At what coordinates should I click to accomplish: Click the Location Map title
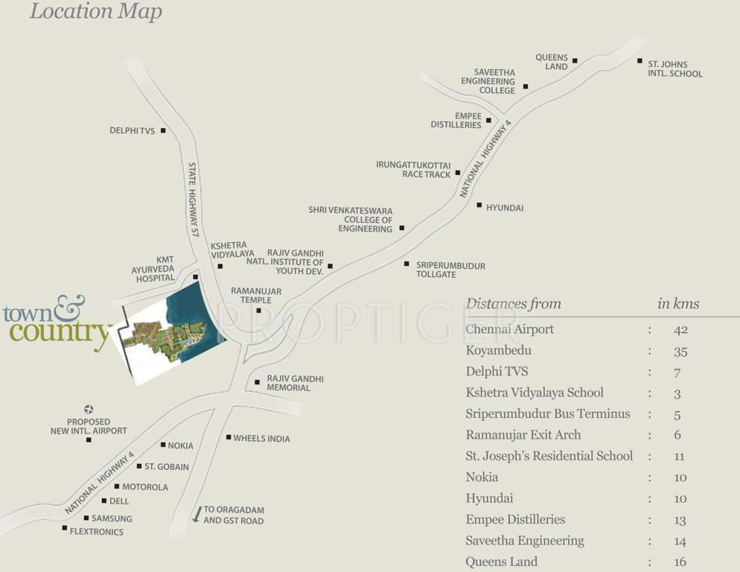[x=95, y=12]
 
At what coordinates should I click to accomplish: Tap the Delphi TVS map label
[x=132, y=131]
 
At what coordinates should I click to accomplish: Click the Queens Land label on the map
[x=552, y=62]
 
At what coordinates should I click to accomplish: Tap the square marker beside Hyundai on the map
[x=479, y=204]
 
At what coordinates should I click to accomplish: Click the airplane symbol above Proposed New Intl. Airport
[x=89, y=409]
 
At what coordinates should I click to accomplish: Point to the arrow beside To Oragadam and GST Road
[x=197, y=514]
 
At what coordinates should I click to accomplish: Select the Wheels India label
[x=261, y=439]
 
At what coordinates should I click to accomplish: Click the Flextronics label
[x=96, y=532]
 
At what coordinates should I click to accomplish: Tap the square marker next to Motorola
[x=117, y=486]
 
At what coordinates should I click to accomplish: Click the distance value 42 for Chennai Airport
[x=680, y=330]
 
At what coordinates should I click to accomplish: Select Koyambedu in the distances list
[x=498, y=351]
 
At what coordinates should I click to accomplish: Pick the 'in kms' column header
[x=677, y=304]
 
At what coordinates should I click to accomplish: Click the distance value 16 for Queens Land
[x=680, y=562]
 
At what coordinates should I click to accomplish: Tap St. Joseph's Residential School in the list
[x=549, y=456]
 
